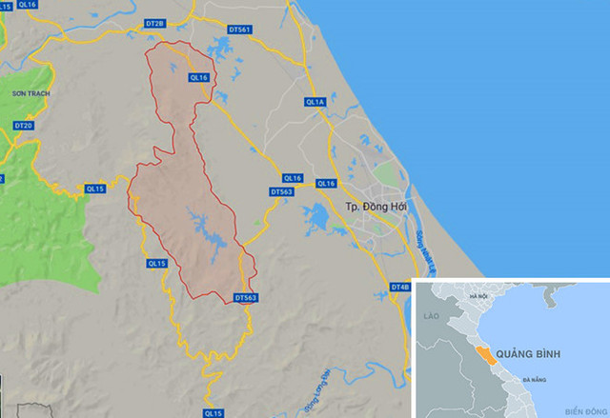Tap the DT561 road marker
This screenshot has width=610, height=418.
coord(240,30)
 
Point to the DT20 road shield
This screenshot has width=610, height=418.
coord(24,126)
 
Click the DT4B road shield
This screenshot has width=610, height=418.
coord(399,287)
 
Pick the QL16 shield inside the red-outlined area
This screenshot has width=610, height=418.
coord(198,78)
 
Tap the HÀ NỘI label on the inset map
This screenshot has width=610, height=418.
coord(478,298)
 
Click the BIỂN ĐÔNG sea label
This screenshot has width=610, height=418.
coord(583,410)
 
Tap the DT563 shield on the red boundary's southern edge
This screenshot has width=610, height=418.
coord(246,298)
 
